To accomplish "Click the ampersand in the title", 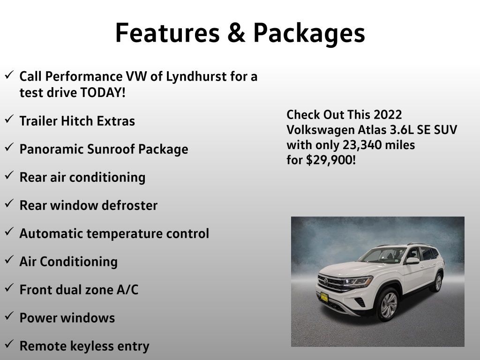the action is [x=236, y=33].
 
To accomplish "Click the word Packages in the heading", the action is [x=309, y=34].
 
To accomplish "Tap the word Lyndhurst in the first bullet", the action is [x=196, y=76].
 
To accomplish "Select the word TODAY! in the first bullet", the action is [x=103, y=92].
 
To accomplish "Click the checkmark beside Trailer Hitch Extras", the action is [x=9, y=119].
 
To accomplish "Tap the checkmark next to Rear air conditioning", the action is [x=9, y=175].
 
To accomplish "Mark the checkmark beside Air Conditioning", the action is [x=9, y=259].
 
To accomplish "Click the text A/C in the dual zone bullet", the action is [x=127, y=290].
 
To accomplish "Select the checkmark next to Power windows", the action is [x=9, y=315].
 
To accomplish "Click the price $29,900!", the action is [x=331, y=160].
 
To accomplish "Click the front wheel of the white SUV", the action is [x=388, y=304].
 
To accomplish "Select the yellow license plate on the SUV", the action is [x=324, y=297].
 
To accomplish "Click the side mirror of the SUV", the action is [x=412, y=261].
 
